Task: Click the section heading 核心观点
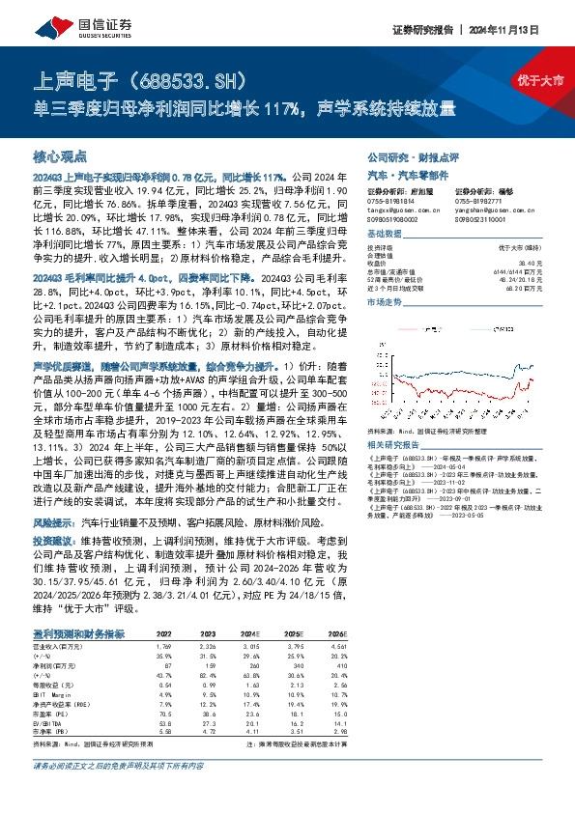[x=60, y=155]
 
